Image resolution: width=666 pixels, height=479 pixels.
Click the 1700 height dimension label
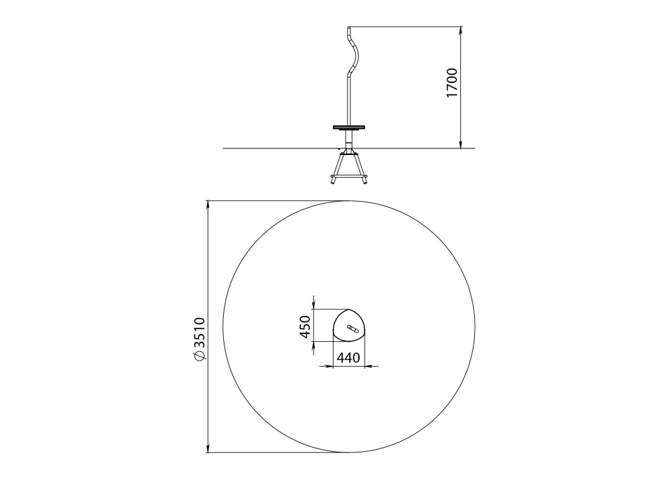coord(452,82)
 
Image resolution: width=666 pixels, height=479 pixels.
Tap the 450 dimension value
coord(306,327)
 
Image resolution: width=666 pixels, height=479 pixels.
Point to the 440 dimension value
coord(348,358)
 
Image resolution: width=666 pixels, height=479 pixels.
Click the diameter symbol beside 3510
coord(199,357)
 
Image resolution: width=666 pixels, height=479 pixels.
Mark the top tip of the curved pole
coord(349,27)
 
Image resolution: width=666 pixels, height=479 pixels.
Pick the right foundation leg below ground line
coord(362,170)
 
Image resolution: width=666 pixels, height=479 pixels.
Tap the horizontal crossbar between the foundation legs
coord(349,175)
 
